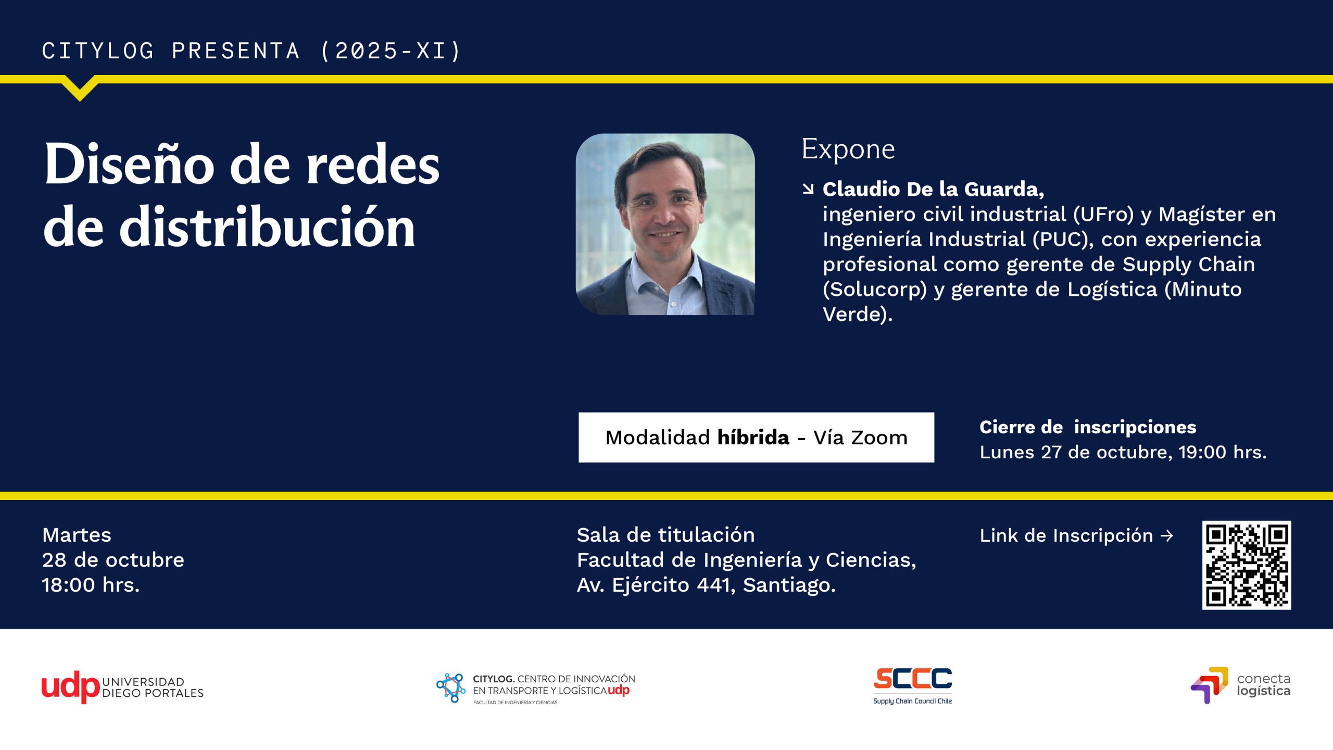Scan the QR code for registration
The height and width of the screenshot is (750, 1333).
click(x=1246, y=565)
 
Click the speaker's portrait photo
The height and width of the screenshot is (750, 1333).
click(x=665, y=224)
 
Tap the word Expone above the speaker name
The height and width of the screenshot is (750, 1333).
click(x=848, y=149)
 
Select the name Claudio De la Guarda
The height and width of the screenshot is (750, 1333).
click(x=933, y=189)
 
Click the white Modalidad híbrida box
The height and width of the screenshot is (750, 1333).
click(x=756, y=438)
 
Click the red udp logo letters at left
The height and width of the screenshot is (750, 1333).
click(x=70, y=687)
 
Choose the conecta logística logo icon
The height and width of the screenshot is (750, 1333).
click(x=1209, y=685)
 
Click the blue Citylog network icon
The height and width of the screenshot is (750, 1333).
click(x=451, y=687)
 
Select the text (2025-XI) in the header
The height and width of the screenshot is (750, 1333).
click(x=391, y=51)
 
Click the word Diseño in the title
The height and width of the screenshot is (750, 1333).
click(x=129, y=164)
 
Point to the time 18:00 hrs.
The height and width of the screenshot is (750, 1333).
click(x=91, y=585)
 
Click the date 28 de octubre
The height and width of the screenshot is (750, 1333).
click(x=113, y=560)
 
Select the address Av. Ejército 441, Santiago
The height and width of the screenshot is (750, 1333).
click(x=706, y=585)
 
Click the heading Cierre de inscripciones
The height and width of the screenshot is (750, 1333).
click(x=1088, y=427)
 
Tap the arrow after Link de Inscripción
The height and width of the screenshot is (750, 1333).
click(x=1167, y=535)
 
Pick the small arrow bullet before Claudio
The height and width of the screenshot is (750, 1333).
click(x=808, y=189)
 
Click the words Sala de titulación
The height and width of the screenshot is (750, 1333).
click(x=665, y=535)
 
